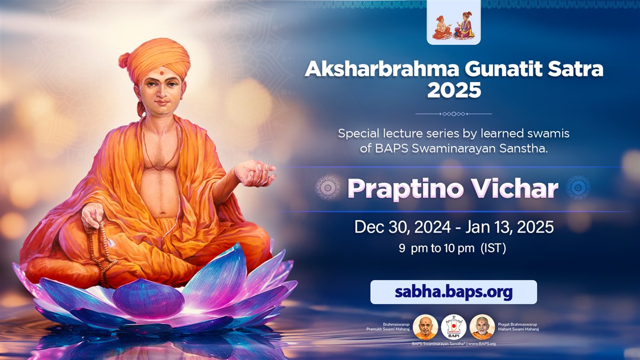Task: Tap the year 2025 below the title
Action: tap(454, 90)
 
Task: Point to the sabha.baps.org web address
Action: tap(454, 292)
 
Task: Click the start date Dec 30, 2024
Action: tap(403, 227)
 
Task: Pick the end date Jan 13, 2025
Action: tap(510, 227)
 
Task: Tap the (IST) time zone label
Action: tap(493, 249)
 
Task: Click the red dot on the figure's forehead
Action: tap(162, 73)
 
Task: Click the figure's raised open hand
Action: tap(255, 173)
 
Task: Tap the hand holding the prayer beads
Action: tap(93, 215)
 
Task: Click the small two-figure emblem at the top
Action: tap(454, 26)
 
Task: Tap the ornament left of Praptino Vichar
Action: tap(327, 187)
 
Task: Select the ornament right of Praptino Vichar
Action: tap(578, 187)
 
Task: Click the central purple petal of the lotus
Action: tap(148, 299)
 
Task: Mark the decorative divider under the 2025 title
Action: tap(454, 114)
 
